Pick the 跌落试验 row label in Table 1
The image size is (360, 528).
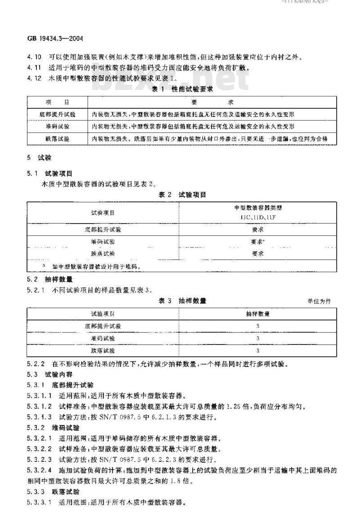(x=58, y=139)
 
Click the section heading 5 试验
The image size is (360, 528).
(x=40, y=158)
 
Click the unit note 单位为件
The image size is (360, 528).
(x=319, y=301)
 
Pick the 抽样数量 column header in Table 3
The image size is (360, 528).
(x=257, y=313)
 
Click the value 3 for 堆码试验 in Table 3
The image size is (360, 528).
(x=257, y=338)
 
